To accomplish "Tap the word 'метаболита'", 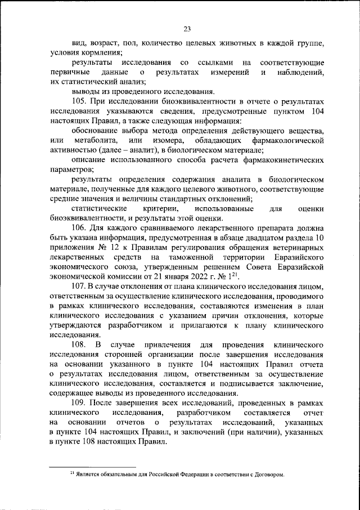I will click(95, 140).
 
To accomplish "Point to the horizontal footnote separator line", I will click(92, 467).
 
